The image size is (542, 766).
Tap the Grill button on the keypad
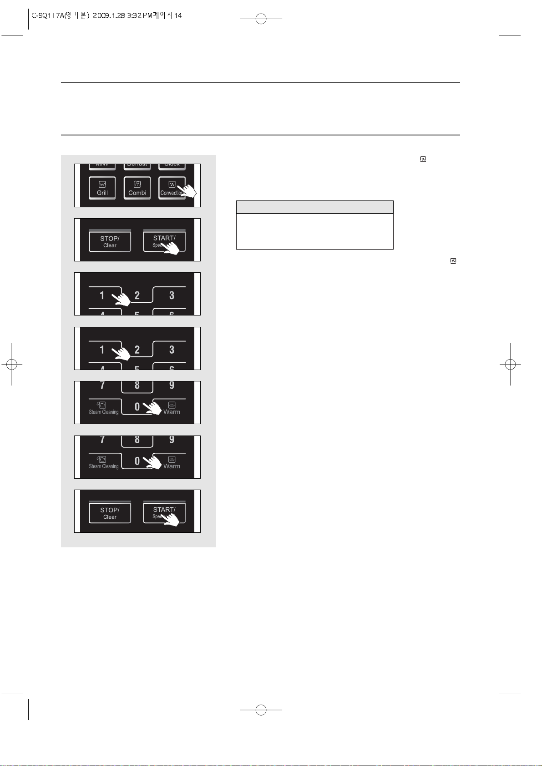pos(102,188)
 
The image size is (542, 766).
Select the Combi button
pos(137,188)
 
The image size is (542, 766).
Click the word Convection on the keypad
pos(171,193)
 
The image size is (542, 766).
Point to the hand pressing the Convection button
pos(187,190)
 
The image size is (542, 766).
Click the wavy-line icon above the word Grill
pos(102,184)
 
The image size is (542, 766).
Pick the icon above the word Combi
pos(137,184)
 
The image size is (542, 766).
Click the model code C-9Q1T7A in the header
pos(48,15)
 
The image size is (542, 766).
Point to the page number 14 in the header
pos(178,15)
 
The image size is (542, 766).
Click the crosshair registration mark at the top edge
pos(261,19)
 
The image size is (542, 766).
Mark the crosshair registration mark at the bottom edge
pos(261,710)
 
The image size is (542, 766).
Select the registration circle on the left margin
pos(12,364)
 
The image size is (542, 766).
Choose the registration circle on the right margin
pos(510,364)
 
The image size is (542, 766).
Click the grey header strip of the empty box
pos(314,207)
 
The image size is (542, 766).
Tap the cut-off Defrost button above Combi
pos(137,165)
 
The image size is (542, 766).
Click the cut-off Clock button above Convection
pos(172,165)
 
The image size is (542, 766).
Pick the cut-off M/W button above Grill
pos(102,165)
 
